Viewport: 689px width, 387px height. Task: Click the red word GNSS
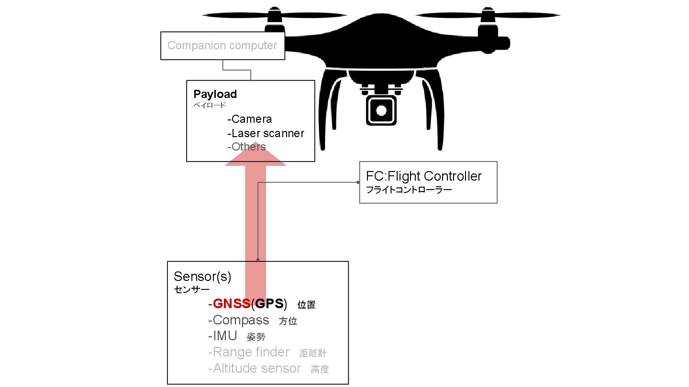[232, 304]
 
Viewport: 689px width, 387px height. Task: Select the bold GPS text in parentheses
[269, 304]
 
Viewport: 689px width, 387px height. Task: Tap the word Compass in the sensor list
[241, 320]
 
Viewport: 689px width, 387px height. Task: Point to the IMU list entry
[225, 336]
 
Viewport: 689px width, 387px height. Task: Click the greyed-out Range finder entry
[251, 352]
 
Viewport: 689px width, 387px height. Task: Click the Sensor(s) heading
[202, 277]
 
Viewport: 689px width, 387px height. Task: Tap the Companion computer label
[222, 45]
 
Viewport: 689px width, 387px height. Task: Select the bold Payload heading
[215, 94]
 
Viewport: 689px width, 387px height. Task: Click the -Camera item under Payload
[250, 119]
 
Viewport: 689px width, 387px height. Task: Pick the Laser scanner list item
[266, 133]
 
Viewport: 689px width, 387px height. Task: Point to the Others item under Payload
[247, 147]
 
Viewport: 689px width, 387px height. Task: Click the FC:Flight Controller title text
[423, 176]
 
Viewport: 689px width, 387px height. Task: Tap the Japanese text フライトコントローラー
[409, 190]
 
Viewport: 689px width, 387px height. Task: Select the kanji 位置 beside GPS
[307, 305]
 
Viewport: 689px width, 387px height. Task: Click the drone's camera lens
[381, 110]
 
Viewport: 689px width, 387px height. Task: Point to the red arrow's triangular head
[256, 155]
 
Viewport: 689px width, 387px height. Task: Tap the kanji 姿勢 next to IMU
[256, 337]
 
